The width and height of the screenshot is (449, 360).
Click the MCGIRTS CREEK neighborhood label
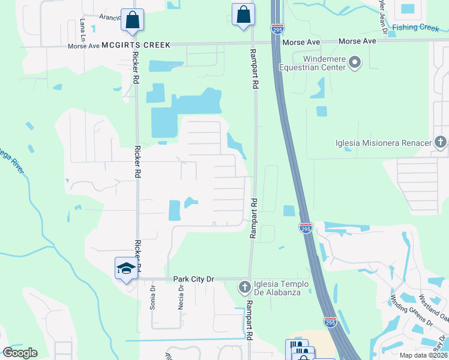pos(136,45)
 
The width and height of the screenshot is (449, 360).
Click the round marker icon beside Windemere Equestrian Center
pos(355,62)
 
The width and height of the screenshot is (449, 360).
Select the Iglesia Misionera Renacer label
pos(384,143)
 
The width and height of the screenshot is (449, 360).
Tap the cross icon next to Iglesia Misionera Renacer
pos(440,142)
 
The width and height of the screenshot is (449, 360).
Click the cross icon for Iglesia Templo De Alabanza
pos(244,287)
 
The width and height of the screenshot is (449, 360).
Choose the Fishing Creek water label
pos(415,28)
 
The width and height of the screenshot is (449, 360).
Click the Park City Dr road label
pos(193,279)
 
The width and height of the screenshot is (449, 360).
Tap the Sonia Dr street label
pos(153,297)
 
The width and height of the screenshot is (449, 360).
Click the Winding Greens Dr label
pos(412,310)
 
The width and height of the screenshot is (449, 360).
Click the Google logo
pos(20,353)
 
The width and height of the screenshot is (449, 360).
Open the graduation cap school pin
pos(126,268)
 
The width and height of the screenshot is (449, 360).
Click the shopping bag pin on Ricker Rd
pos(132,20)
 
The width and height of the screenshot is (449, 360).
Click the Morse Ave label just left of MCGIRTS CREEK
pos(83,46)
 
